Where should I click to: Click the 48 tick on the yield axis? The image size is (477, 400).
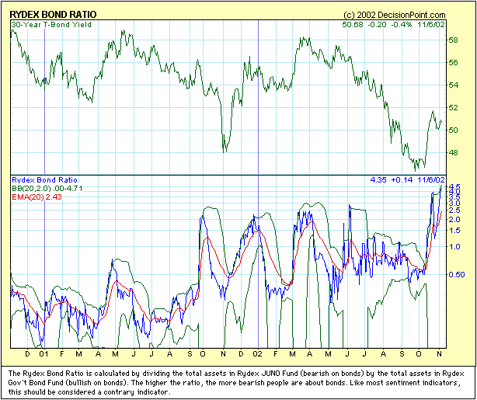pos(454,153)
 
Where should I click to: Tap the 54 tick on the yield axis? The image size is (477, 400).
pos(454,85)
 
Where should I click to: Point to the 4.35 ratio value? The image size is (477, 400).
pos(378,180)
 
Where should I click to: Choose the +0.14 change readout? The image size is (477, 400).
pos(403,180)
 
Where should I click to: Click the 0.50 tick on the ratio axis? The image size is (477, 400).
pos(458,275)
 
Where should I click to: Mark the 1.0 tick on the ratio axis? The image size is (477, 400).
pos(454,247)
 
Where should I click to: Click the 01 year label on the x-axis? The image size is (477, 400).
pos(45,354)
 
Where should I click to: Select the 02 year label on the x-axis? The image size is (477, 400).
pos(257,354)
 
